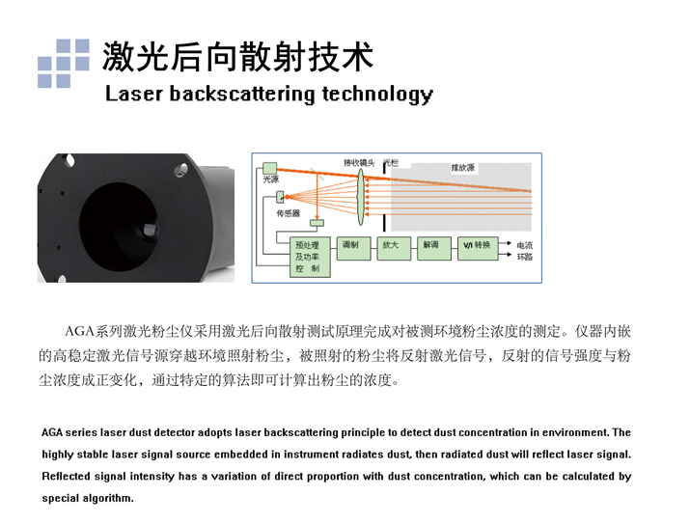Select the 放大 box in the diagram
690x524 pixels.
click(390, 246)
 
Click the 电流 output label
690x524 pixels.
click(524, 244)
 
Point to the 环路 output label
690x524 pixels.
click(524, 257)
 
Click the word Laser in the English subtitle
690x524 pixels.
click(133, 94)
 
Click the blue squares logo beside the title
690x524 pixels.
click(63, 63)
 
